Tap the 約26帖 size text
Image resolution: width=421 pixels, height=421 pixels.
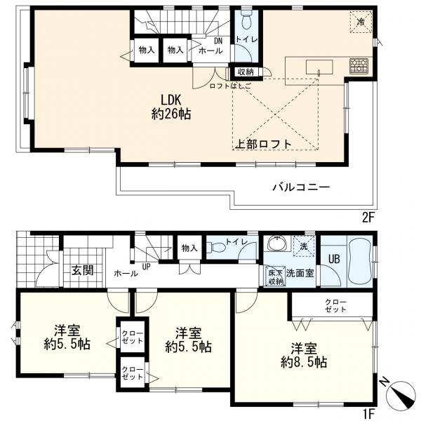pyautogui.click(x=172, y=114)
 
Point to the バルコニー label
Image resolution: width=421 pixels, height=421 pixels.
pyautogui.click(x=301, y=187)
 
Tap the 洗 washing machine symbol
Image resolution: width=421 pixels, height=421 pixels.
pyautogui.click(x=304, y=246)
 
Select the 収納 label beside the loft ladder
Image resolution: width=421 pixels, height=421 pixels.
pyautogui.click(x=245, y=71)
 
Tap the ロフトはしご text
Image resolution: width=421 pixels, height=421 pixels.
pyautogui.click(x=228, y=86)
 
